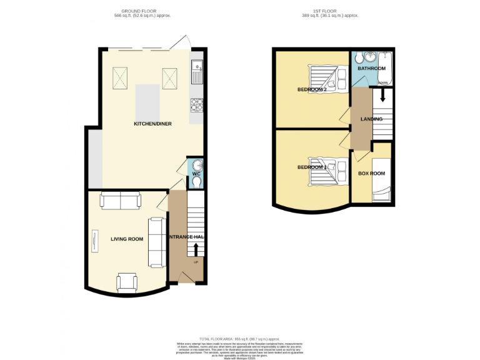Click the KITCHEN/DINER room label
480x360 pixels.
pyautogui.click(x=152, y=124)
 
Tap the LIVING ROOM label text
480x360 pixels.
pyautogui.click(x=127, y=239)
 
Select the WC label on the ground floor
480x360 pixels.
pyautogui.click(x=196, y=173)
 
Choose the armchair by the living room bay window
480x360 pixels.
pyautogui.click(x=127, y=282)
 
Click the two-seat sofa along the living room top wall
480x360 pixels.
pyautogui.click(x=121, y=201)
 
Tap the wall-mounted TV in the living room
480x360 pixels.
pyautogui.click(x=95, y=241)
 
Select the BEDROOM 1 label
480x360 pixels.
pyautogui.click(x=312, y=167)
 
